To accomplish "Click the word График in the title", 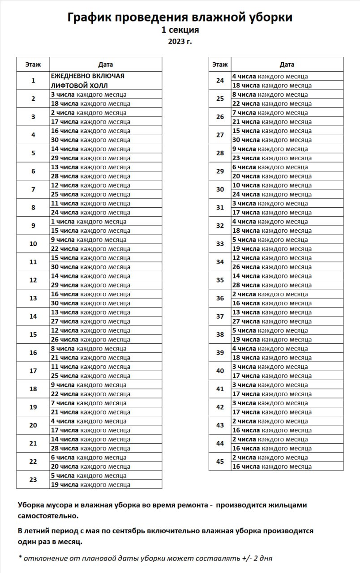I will (89, 17).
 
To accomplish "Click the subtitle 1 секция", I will (180, 30).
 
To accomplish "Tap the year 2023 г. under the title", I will (180, 42).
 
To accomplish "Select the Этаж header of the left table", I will (33, 64).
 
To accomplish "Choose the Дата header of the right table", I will (287, 64).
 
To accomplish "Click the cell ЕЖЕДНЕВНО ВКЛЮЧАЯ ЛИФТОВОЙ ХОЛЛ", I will (88, 81).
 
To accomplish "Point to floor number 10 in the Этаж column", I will (33, 244).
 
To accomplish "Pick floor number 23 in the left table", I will (33, 479).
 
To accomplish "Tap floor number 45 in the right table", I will (220, 462).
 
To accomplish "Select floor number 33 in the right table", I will (220, 244).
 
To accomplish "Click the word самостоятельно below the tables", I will (48, 516).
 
